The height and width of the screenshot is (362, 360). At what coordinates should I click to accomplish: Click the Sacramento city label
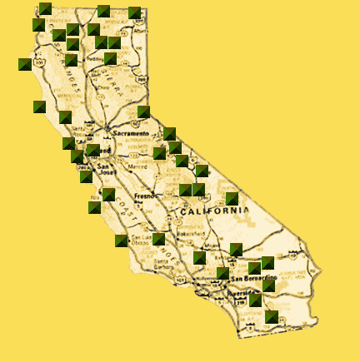click(x=132, y=133)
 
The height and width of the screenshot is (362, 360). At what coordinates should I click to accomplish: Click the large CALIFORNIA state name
click(x=213, y=211)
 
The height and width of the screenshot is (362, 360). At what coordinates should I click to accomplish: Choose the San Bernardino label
click(x=249, y=277)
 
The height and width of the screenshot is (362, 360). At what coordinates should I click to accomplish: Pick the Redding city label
click(x=96, y=59)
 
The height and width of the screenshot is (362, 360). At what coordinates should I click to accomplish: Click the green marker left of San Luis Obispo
click(x=122, y=241)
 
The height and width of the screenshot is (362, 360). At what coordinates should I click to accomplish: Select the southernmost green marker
click(x=272, y=316)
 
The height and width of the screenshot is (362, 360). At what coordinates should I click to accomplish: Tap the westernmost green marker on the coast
click(x=25, y=64)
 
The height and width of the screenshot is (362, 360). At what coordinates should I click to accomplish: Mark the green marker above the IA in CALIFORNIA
click(x=232, y=199)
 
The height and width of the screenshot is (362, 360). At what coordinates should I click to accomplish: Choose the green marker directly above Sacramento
click(x=143, y=112)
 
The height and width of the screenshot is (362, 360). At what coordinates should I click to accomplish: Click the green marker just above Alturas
click(x=135, y=12)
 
